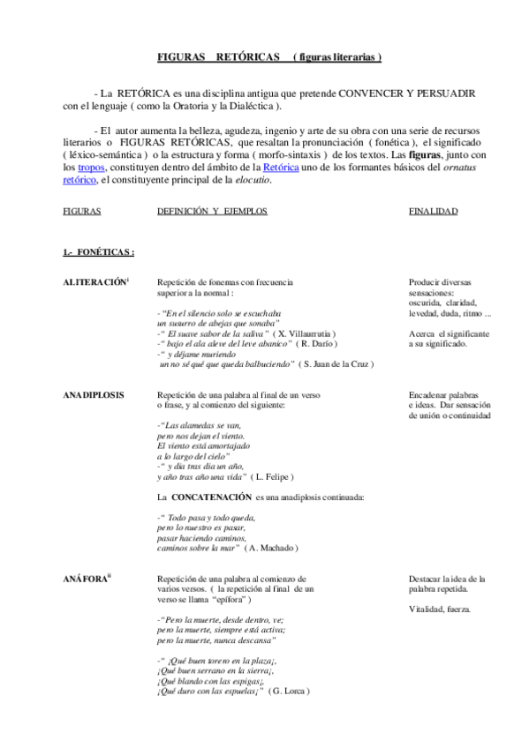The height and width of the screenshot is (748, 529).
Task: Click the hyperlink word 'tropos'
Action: pos(91,166)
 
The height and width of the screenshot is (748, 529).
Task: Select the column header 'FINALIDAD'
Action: pos(433,213)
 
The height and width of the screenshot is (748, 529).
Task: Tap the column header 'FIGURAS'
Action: pos(82,213)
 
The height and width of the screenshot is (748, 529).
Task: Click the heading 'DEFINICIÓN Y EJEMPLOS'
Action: pos(212,213)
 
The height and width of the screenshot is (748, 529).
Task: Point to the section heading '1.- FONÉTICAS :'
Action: pos(98,253)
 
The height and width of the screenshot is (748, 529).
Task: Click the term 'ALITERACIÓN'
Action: pos(94,281)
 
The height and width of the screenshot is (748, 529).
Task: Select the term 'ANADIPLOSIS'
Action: pos(94,395)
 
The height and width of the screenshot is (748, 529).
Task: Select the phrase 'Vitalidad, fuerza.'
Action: pos(440,609)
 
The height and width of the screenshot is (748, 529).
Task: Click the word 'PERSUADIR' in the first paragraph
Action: pos(438,93)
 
